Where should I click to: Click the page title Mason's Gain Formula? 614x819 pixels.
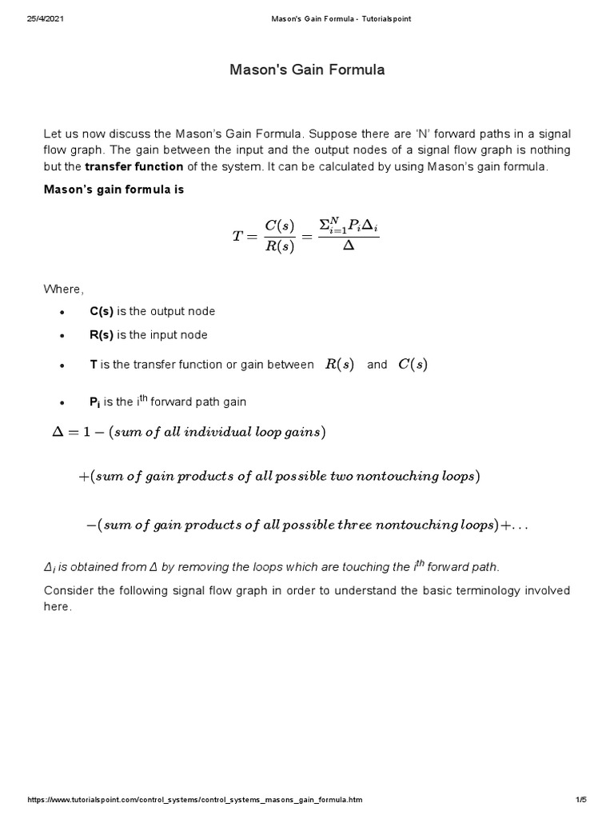click(307, 70)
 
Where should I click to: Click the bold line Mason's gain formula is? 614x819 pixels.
click(113, 190)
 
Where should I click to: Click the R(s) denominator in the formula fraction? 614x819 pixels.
click(279, 246)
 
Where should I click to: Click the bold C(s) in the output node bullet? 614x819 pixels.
click(102, 311)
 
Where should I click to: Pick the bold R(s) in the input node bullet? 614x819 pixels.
click(102, 335)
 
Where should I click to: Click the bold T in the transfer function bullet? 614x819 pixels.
click(93, 365)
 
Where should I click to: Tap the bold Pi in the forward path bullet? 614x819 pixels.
click(95, 402)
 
